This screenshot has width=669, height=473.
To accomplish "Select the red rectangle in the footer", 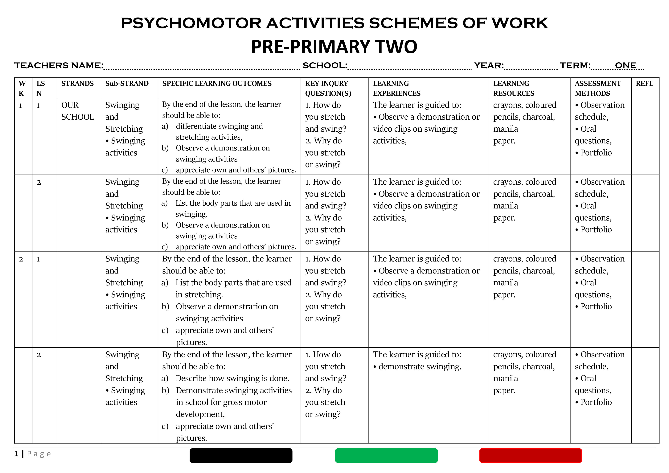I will pyautogui.click(x=530, y=455).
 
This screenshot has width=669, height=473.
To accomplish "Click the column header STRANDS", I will pyautogui.click(x=77, y=84).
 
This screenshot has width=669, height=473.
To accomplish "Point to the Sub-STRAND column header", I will pyautogui.click(x=127, y=84).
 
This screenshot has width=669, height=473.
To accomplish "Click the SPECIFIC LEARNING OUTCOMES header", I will pyautogui.click(x=217, y=84).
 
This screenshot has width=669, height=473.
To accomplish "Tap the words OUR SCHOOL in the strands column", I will pyautogui.click(x=77, y=111).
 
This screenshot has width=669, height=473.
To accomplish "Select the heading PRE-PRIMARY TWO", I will pyautogui.click(x=334, y=47).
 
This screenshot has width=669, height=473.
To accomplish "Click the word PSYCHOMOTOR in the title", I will pyautogui.click(x=191, y=23).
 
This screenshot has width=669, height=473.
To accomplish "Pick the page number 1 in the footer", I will pyautogui.click(x=17, y=454).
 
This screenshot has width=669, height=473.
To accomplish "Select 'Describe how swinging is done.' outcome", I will pyautogui.click(x=232, y=378).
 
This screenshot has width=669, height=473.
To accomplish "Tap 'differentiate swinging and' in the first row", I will pyautogui.click(x=219, y=126).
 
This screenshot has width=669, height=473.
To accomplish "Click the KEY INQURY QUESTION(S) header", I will pyautogui.click(x=328, y=88).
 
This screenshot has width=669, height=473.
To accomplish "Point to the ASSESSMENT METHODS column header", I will pyautogui.click(x=598, y=88).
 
